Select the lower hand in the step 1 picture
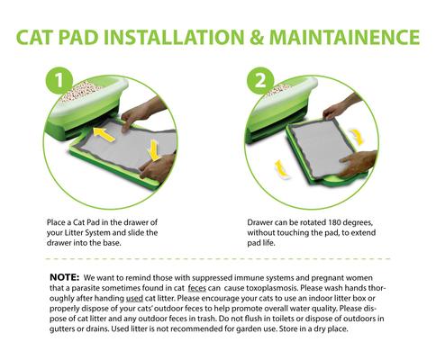159,166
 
